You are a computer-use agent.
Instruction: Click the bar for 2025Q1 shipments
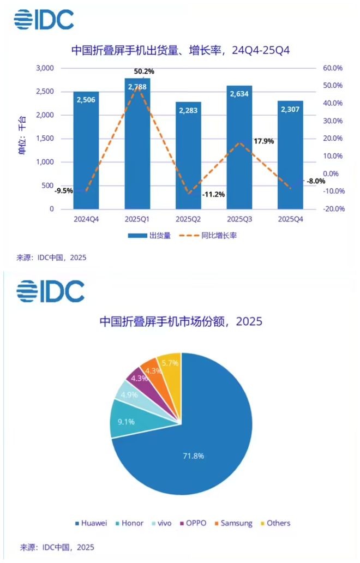(137, 147)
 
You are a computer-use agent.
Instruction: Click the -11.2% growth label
(213, 194)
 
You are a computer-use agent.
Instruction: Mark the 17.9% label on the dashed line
(263, 141)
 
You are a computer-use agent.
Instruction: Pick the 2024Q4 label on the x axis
(86, 218)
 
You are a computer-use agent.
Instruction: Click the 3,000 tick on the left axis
(45, 68)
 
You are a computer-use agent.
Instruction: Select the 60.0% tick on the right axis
(332, 68)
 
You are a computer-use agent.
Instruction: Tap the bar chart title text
(181, 50)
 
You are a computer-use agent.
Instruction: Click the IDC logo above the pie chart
(50, 291)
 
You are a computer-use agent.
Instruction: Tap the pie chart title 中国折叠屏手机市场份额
(181, 321)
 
